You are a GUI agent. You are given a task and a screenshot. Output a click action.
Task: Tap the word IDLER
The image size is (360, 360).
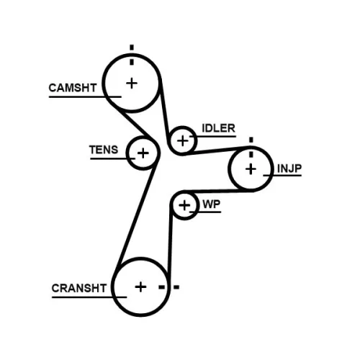[218, 128]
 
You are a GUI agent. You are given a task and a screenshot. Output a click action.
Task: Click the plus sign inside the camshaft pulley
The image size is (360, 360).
[132, 83]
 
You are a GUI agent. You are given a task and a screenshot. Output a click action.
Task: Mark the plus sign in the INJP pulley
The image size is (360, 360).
[250, 169]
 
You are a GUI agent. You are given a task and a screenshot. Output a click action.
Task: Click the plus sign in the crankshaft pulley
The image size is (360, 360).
[140, 287]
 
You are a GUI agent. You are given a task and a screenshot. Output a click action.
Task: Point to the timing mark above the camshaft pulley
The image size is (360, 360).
[132, 48]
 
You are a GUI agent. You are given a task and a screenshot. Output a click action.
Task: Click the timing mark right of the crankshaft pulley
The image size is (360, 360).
[175, 287]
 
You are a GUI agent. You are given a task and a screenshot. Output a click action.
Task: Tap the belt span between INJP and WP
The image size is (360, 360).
[216, 192]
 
